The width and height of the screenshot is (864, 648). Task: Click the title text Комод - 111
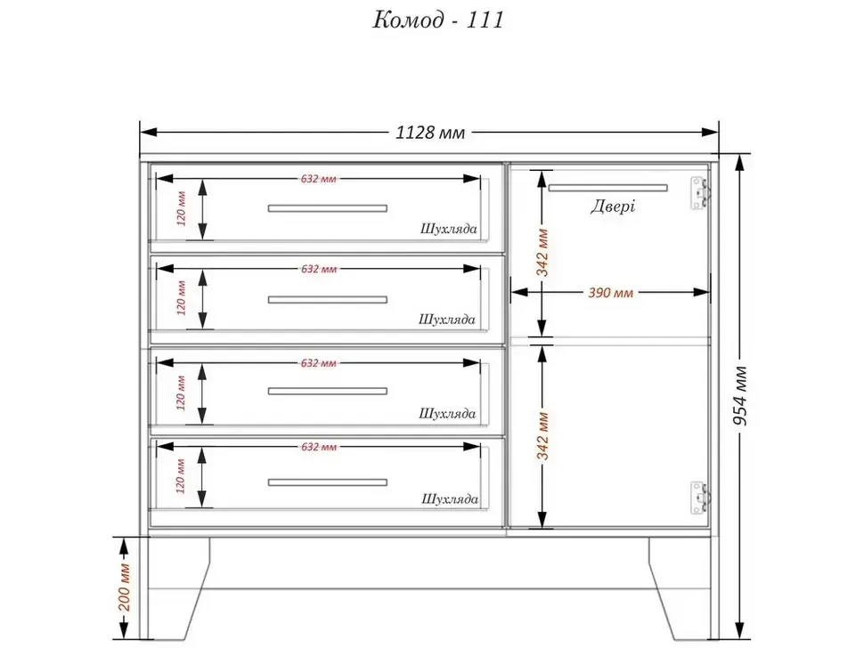coord(438,20)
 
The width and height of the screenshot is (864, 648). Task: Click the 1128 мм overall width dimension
coord(430,133)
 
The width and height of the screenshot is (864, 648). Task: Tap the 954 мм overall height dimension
coord(741,395)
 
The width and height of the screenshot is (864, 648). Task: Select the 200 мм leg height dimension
coord(125,587)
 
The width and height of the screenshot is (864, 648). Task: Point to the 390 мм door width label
coord(610,292)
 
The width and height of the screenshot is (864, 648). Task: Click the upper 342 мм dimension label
coord(542,252)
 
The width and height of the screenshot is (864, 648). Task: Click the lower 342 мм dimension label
coord(542,436)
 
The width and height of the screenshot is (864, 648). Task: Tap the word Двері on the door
coord(613,206)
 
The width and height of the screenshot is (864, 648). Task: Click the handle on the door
coord(607,188)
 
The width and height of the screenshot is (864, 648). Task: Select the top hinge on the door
coord(700,193)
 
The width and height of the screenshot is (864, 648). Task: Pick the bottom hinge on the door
coord(700,498)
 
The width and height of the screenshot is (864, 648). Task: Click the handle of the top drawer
coord(327,208)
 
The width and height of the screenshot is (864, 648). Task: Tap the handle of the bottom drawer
coord(327,482)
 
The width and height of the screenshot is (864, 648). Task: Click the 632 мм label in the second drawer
coord(319,269)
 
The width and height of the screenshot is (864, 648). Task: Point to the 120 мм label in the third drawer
coord(182,393)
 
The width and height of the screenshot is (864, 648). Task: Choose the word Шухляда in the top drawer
coord(449,229)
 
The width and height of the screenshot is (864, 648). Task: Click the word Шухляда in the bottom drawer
coord(450,499)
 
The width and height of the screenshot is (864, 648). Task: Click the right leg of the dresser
coord(679,588)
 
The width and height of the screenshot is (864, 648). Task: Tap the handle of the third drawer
coord(327,391)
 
